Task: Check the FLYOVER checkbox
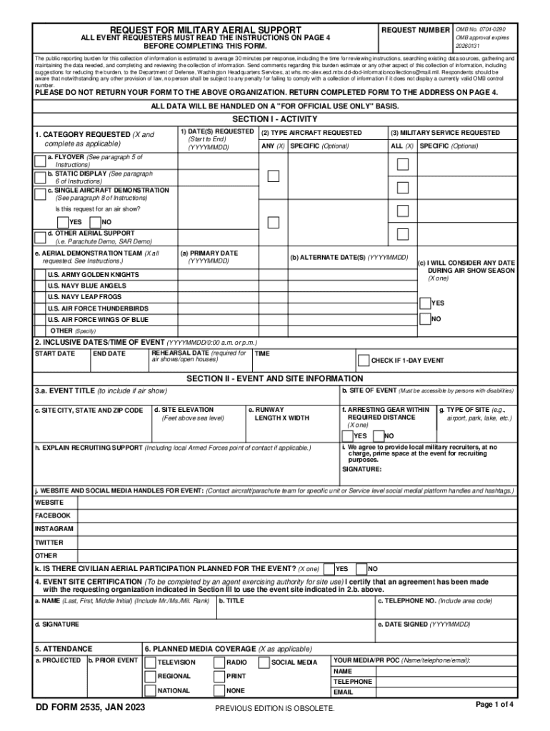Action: tap(40, 159)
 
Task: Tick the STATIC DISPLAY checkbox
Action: tap(40, 177)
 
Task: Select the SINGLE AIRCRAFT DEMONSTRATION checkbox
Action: tap(40, 193)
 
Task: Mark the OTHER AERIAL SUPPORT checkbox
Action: tap(40, 237)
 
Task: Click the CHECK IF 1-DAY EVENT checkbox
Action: tap(364, 360)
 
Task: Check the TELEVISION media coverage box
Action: tap(150, 662)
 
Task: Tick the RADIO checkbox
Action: tap(219, 662)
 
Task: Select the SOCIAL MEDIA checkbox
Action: tap(264, 662)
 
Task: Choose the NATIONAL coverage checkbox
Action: tap(150, 690)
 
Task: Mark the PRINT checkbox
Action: tap(219, 676)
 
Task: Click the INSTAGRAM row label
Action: tap(54, 529)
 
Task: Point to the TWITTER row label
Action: tap(49, 543)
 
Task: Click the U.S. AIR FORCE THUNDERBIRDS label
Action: tap(99, 308)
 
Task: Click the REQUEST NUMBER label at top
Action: tap(416, 31)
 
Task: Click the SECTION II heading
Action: tap(274, 378)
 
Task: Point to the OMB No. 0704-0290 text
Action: tap(476, 29)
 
